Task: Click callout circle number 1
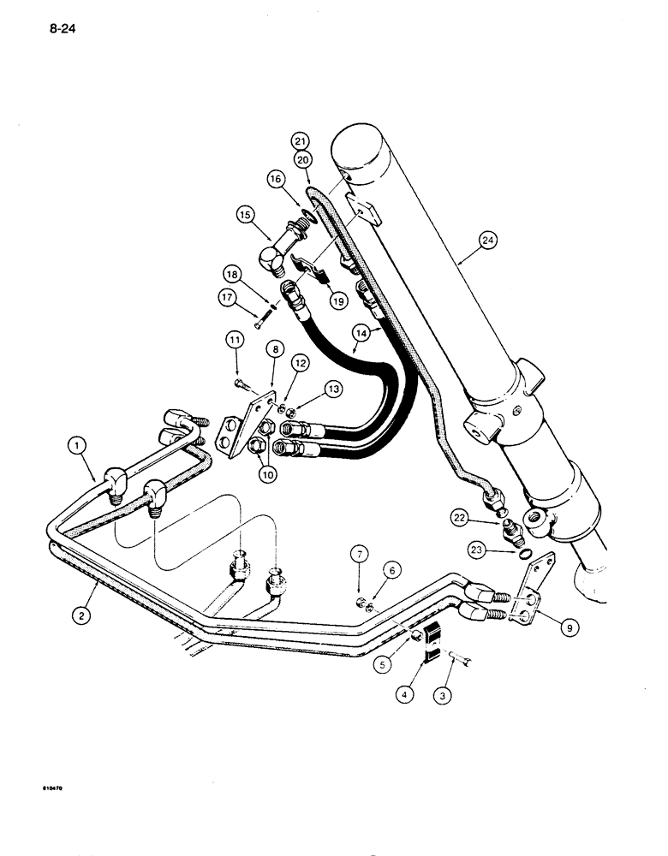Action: (78, 445)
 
